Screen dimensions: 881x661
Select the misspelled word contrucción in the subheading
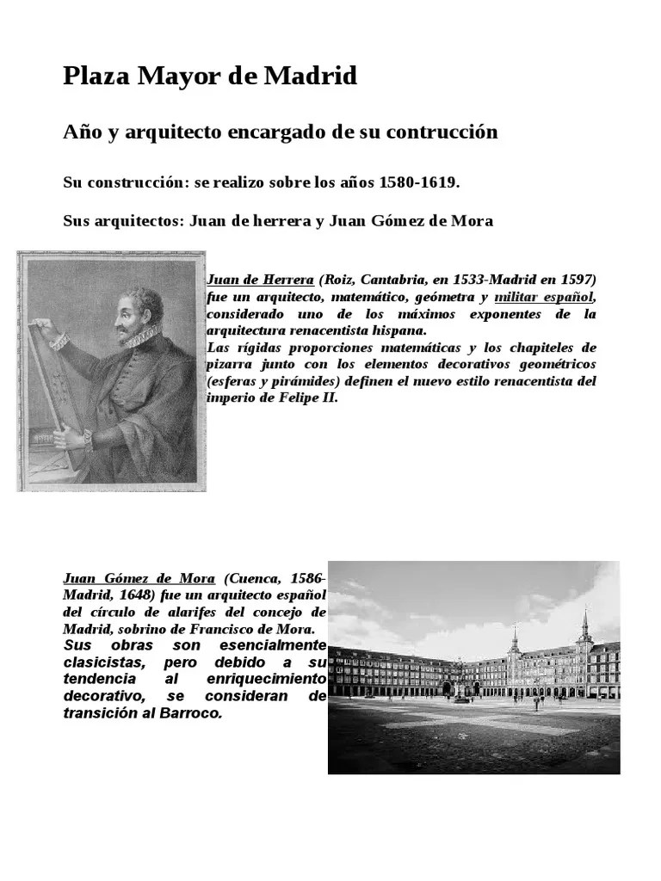tap(443, 132)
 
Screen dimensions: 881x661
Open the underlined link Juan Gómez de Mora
tap(139, 579)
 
